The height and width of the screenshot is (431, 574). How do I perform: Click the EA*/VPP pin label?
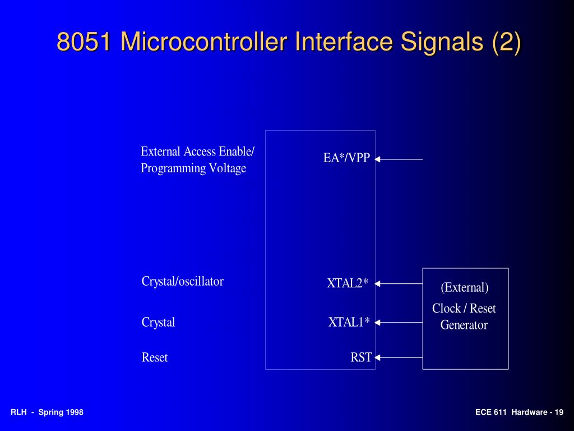click(346, 158)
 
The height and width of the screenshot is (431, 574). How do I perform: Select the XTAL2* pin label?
click(348, 283)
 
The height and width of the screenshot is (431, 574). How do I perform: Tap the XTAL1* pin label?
click(349, 322)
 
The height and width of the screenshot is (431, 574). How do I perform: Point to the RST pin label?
click(361, 357)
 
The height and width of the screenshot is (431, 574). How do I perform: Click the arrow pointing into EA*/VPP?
click(399, 159)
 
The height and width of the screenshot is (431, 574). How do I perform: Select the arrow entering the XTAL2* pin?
click(399, 284)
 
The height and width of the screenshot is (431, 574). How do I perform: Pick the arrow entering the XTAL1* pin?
click(399, 323)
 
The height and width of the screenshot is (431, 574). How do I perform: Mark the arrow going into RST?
click(399, 357)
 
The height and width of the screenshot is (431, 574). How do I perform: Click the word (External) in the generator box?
click(464, 288)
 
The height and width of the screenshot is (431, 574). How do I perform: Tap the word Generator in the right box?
click(464, 325)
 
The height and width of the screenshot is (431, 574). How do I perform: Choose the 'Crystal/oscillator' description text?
click(182, 282)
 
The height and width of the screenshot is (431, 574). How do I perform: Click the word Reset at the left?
click(154, 357)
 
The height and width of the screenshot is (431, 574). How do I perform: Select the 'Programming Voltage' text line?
click(193, 168)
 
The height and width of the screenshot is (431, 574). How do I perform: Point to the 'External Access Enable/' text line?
click(197, 152)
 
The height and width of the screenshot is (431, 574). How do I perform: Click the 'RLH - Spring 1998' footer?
click(47, 412)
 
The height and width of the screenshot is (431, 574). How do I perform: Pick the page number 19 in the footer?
click(559, 412)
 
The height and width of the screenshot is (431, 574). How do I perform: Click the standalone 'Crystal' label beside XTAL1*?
click(158, 323)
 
